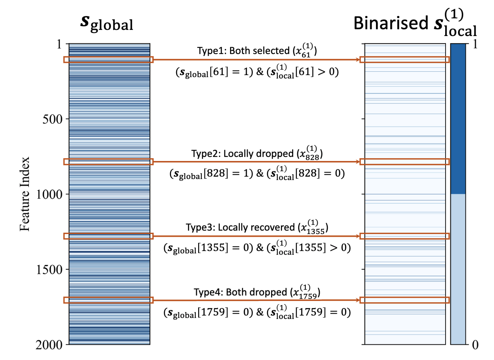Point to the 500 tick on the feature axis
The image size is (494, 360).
coord(53,119)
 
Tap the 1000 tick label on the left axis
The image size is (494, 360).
coord(50,194)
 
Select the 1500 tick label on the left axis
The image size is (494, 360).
coord(50,269)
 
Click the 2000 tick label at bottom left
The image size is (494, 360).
coord(50,345)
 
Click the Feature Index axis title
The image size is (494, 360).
coord(25,194)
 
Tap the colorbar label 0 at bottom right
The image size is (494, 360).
coord(475,345)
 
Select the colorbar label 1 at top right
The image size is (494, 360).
coord(475,44)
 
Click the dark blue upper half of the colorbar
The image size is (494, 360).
coord(458,119)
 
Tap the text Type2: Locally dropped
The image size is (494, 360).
coord(243,154)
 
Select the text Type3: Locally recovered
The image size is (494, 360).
coord(240,227)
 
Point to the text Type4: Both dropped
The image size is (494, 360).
coord(240,292)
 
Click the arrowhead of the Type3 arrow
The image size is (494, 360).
coord(358,236)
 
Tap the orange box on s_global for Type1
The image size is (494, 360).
coord(109,59)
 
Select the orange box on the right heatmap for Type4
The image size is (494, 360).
coord(404,300)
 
